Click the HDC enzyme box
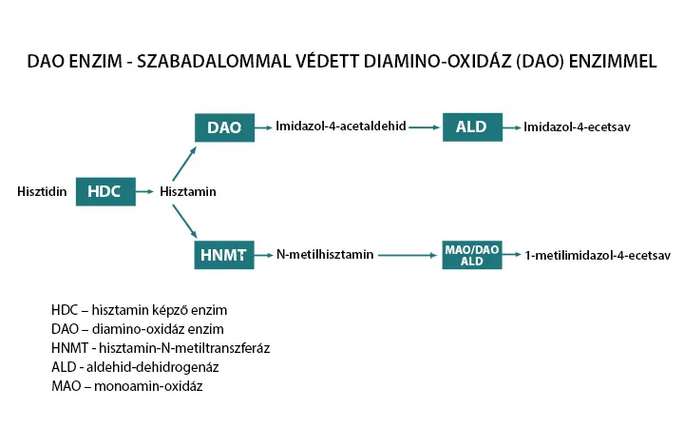click(x=104, y=191)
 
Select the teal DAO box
click(x=224, y=127)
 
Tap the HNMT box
click(x=224, y=255)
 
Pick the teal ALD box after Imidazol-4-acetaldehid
click(x=471, y=127)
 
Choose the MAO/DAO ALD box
click(x=471, y=255)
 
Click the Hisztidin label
click(x=42, y=192)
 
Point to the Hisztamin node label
click(x=188, y=192)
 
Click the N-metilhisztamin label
click(x=325, y=255)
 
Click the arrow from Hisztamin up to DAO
click(x=184, y=162)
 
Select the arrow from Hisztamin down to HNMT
click(x=184, y=222)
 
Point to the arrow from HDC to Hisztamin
click(x=144, y=192)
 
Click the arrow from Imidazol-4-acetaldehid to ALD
click(x=424, y=126)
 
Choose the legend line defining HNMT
click(x=161, y=348)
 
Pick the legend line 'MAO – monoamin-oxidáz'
click(x=126, y=386)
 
